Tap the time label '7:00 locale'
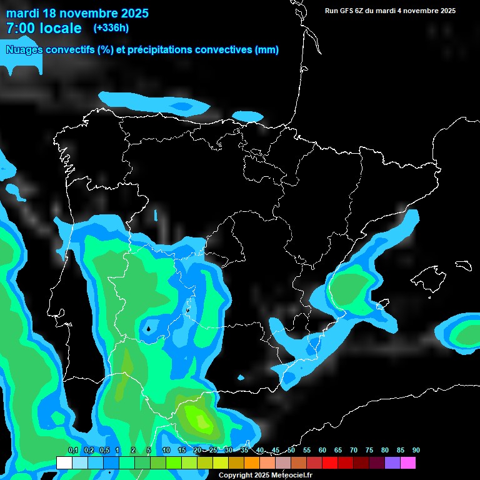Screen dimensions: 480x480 point(44,28)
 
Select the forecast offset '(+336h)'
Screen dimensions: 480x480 point(111,27)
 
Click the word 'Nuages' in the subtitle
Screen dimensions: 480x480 point(26,50)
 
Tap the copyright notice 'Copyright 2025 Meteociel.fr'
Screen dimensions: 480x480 point(265,475)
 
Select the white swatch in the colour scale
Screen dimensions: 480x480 point(64,462)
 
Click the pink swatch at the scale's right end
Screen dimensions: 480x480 point(407,462)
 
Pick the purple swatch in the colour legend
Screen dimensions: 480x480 point(392,462)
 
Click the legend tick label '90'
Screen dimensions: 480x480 point(416,450)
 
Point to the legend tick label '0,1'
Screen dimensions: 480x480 point(72,450)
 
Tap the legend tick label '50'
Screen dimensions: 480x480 point(291,450)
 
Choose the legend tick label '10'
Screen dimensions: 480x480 point(166,450)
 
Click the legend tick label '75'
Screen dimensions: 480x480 point(369,450)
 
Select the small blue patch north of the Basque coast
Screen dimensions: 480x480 point(248,116)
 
